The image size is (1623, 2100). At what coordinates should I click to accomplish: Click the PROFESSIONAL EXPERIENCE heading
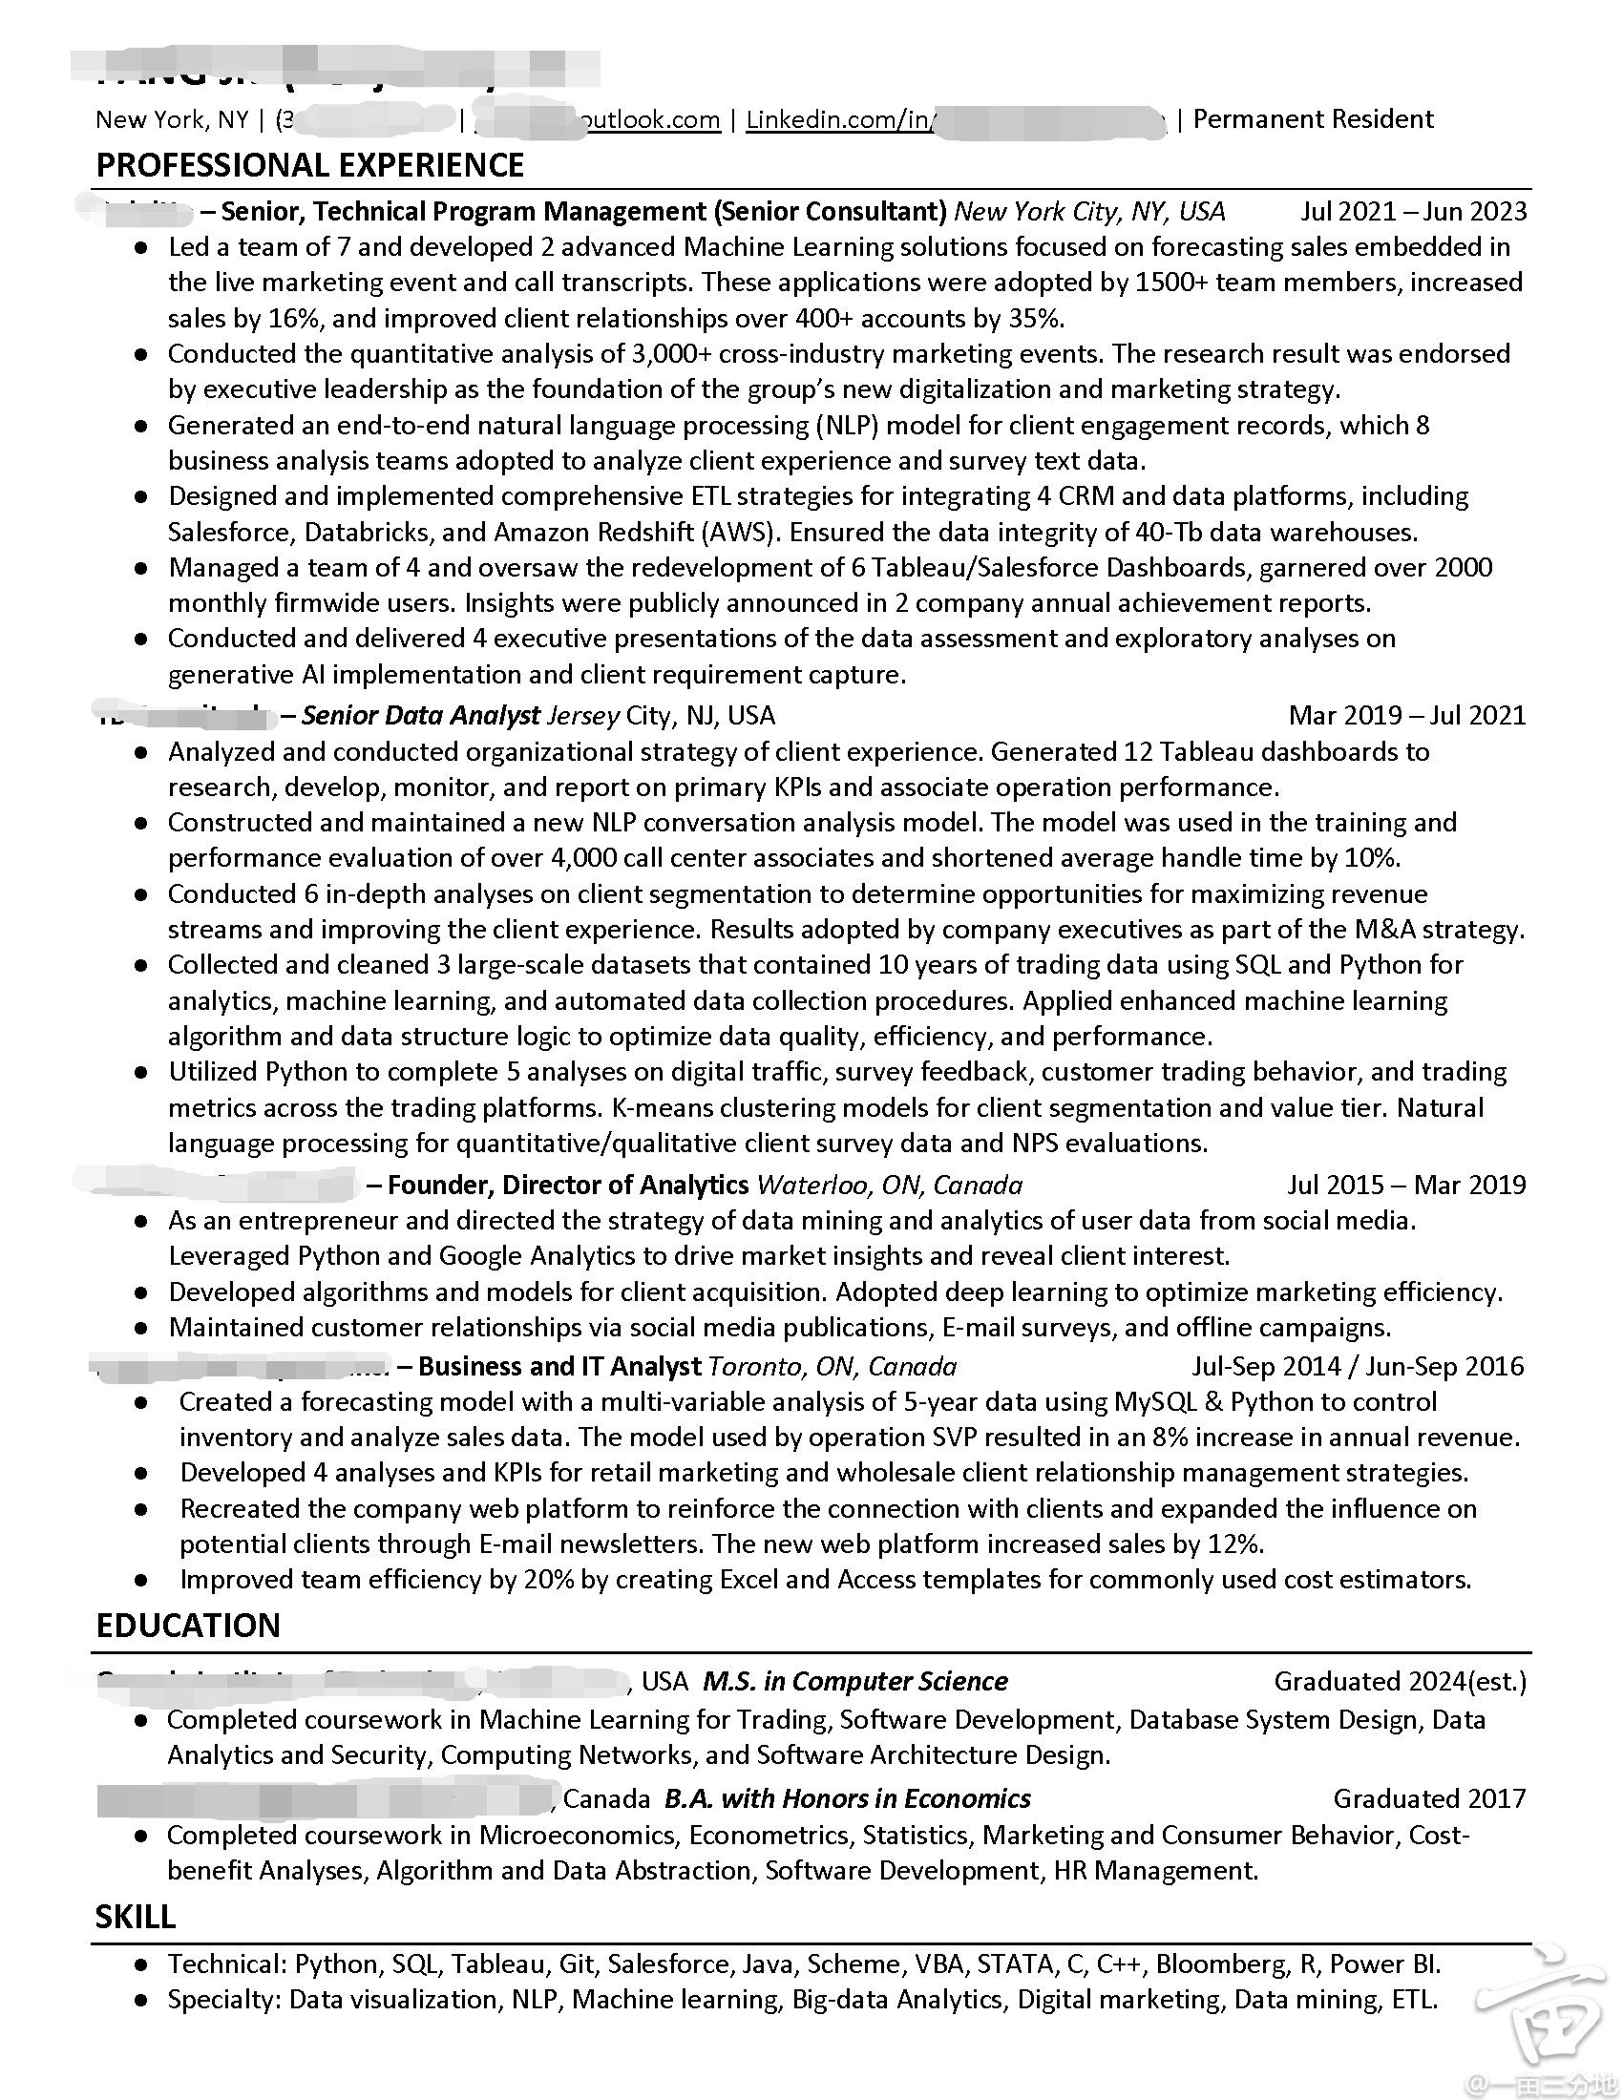[x=309, y=165]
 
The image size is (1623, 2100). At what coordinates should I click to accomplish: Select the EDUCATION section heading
[x=187, y=1625]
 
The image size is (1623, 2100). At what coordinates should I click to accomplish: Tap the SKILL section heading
[x=135, y=1917]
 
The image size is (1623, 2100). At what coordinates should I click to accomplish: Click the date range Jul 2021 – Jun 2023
[x=1412, y=212]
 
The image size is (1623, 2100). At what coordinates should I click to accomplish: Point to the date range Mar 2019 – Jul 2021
[x=1406, y=715]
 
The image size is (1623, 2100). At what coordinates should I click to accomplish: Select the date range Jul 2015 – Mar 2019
[x=1405, y=1185]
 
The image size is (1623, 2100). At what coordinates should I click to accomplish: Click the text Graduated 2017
[x=1429, y=1798]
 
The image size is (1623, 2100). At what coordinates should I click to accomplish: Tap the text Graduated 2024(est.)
[x=1400, y=1681]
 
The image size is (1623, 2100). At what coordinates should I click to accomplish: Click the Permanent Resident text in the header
[x=1313, y=119]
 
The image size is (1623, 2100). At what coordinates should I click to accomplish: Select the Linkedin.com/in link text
[x=837, y=119]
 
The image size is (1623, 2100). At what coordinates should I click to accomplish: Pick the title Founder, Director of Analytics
[x=567, y=1185]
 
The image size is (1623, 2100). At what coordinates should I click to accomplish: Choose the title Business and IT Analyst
[x=559, y=1366]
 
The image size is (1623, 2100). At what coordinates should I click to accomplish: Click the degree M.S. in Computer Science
[x=854, y=1681]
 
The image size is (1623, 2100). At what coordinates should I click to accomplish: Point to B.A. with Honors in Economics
[x=847, y=1798]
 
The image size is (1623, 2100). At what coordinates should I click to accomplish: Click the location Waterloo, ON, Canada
[x=890, y=1185]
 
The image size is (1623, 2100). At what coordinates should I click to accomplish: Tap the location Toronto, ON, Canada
[x=833, y=1366]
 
